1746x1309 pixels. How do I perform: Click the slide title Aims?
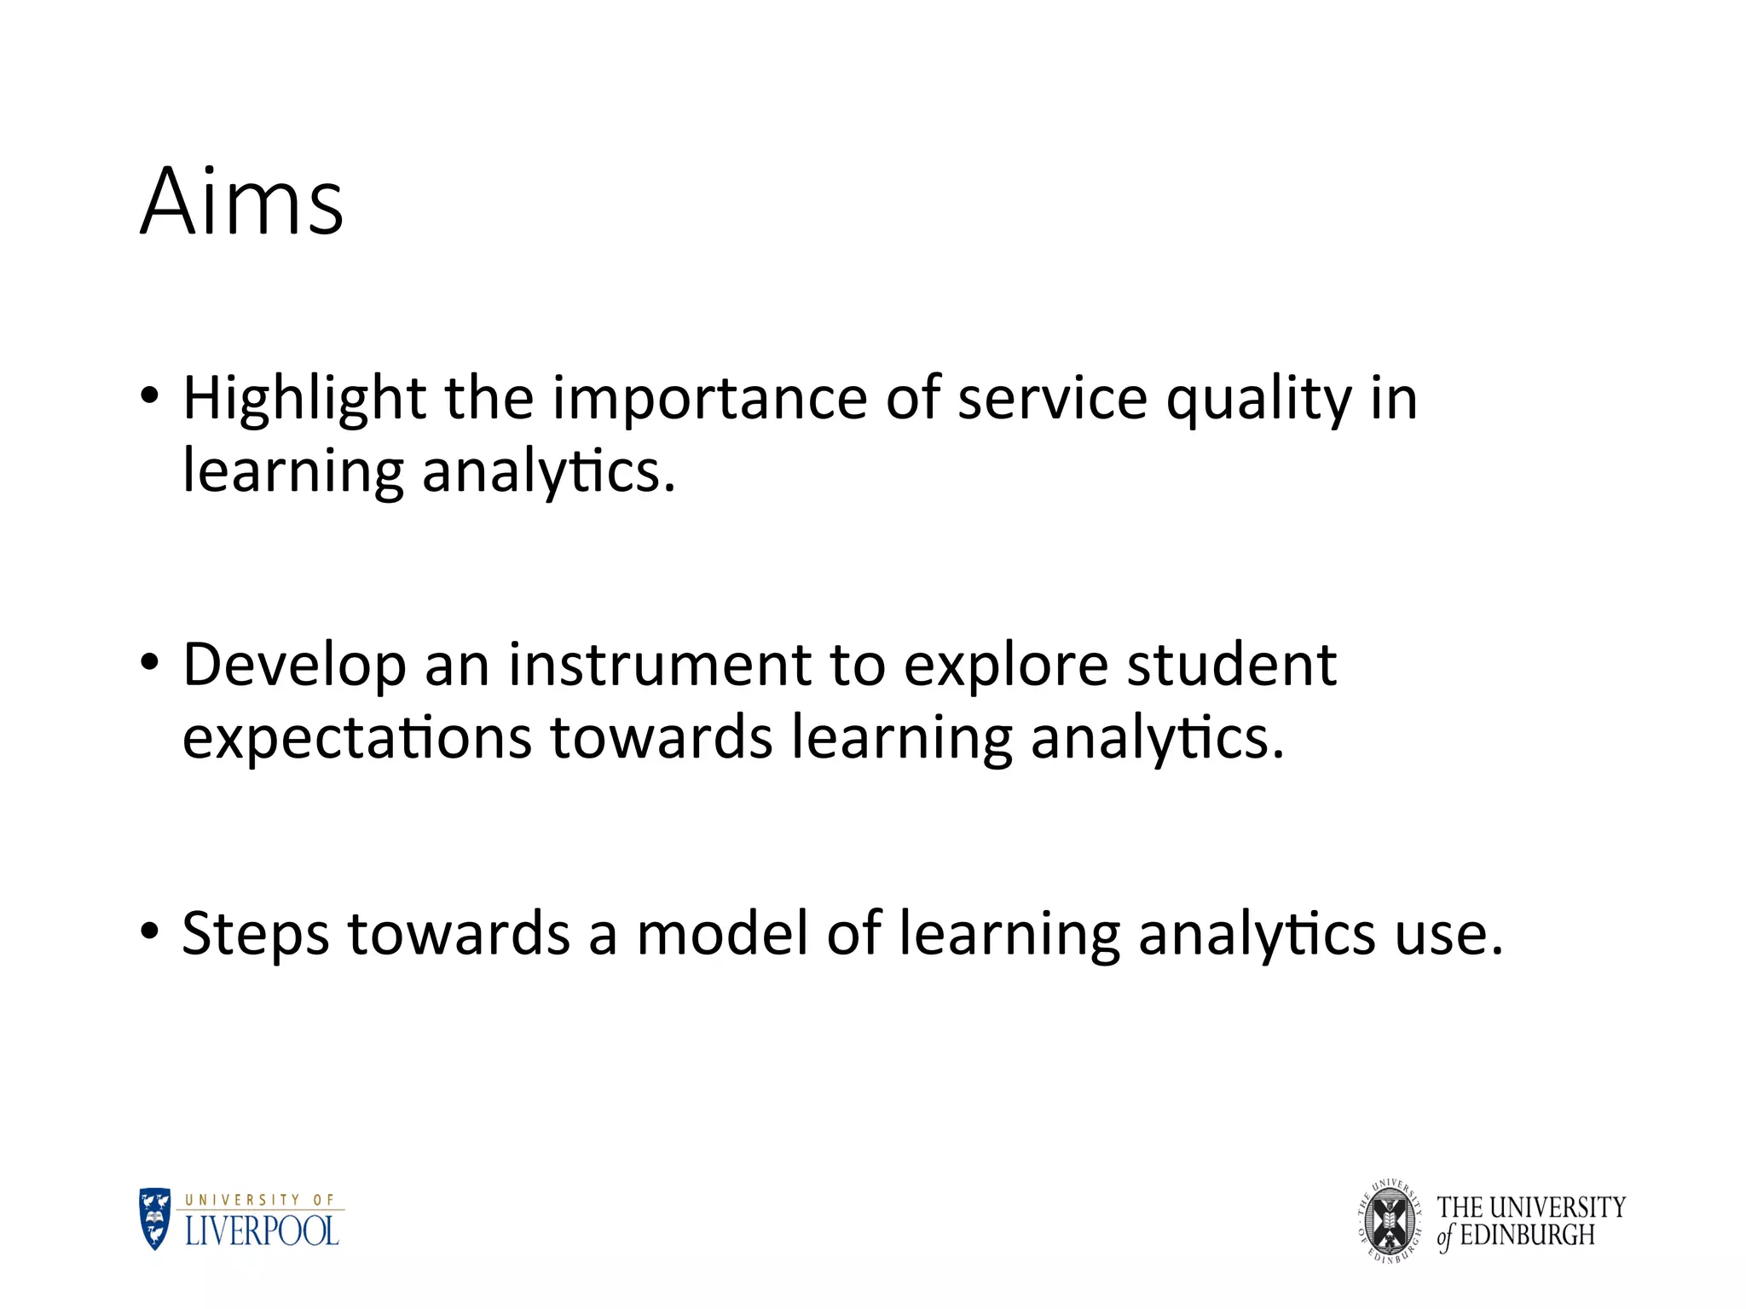[242, 203]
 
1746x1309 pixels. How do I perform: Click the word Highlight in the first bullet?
[304, 399]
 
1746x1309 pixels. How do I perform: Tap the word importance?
[709, 399]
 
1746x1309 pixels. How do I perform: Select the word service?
[1052, 399]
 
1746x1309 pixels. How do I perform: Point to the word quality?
[1258, 399]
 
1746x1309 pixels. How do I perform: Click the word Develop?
[294, 665]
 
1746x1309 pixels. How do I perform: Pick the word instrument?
[660, 665]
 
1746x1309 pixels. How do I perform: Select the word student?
[1231, 665]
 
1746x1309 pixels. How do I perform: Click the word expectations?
[357, 738]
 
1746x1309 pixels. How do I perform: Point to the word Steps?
[255, 934]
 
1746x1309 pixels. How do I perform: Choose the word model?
[722, 934]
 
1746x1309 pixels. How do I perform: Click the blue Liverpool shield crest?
[155, 1220]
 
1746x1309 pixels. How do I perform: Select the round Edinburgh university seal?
[1390, 1221]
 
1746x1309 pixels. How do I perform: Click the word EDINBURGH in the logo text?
[1527, 1236]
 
